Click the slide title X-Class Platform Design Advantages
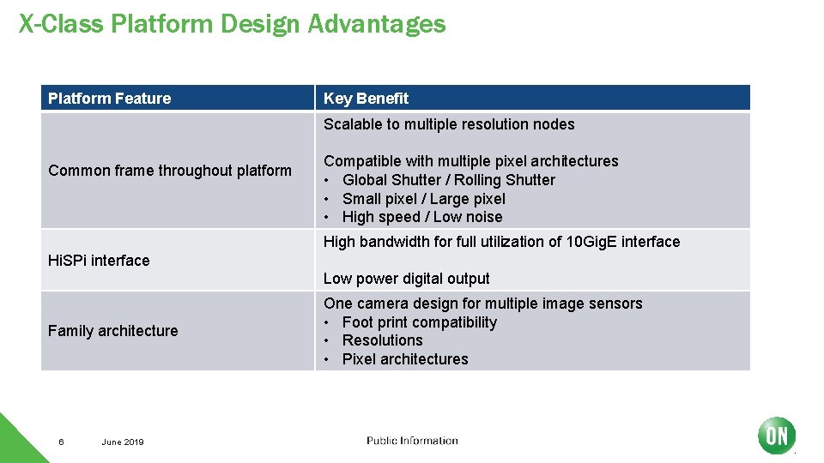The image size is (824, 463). click(232, 23)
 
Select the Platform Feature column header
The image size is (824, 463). click(109, 99)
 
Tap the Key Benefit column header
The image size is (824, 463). click(366, 99)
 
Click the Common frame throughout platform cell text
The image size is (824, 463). click(170, 171)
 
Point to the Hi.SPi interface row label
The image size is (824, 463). click(99, 261)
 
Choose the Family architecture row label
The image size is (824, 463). click(113, 331)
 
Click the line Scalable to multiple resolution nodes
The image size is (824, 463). click(449, 124)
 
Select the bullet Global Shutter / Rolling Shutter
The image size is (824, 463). click(448, 180)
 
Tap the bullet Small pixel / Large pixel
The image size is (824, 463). click(424, 199)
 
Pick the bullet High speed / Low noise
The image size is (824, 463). click(422, 218)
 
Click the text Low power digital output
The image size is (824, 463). click(407, 279)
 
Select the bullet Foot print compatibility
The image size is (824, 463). click(419, 322)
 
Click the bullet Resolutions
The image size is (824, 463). click(382, 340)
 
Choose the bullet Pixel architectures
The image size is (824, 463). click(405, 359)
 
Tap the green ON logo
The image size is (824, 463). click(776, 436)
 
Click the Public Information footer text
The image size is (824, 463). click(412, 441)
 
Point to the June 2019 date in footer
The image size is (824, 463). click(123, 442)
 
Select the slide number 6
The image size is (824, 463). click(61, 442)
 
